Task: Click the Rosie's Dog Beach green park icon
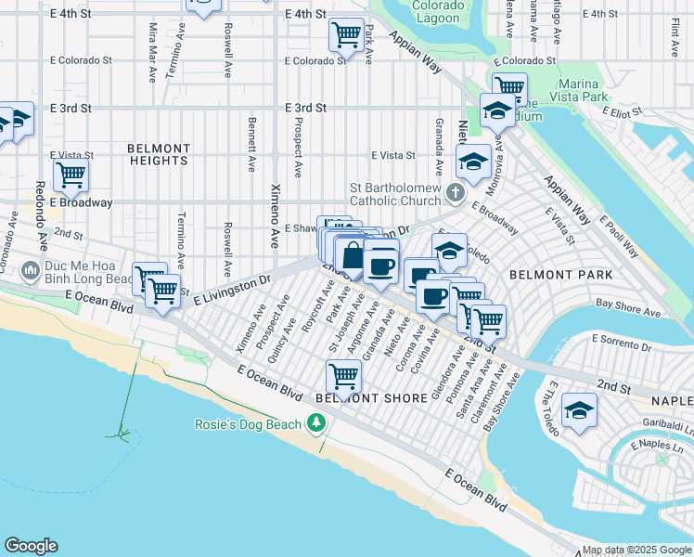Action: pyautogui.click(x=316, y=424)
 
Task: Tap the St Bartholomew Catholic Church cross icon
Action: pyautogui.click(x=454, y=193)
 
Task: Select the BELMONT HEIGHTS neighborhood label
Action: pyautogui.click(x=158, y=154)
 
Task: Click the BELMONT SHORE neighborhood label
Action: pyautogui.click(x=358, y=397)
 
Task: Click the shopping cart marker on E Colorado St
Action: pyautogui.click(x=346, y=35)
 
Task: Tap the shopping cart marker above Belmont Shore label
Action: pyautogui.click(x=343, y=376)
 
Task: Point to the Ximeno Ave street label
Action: pyautogui.click(x=275, y=214)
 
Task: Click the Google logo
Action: pyautogui.click(x=31, y=546)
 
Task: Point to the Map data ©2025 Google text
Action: pyautogui.click(x=636, y=550)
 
